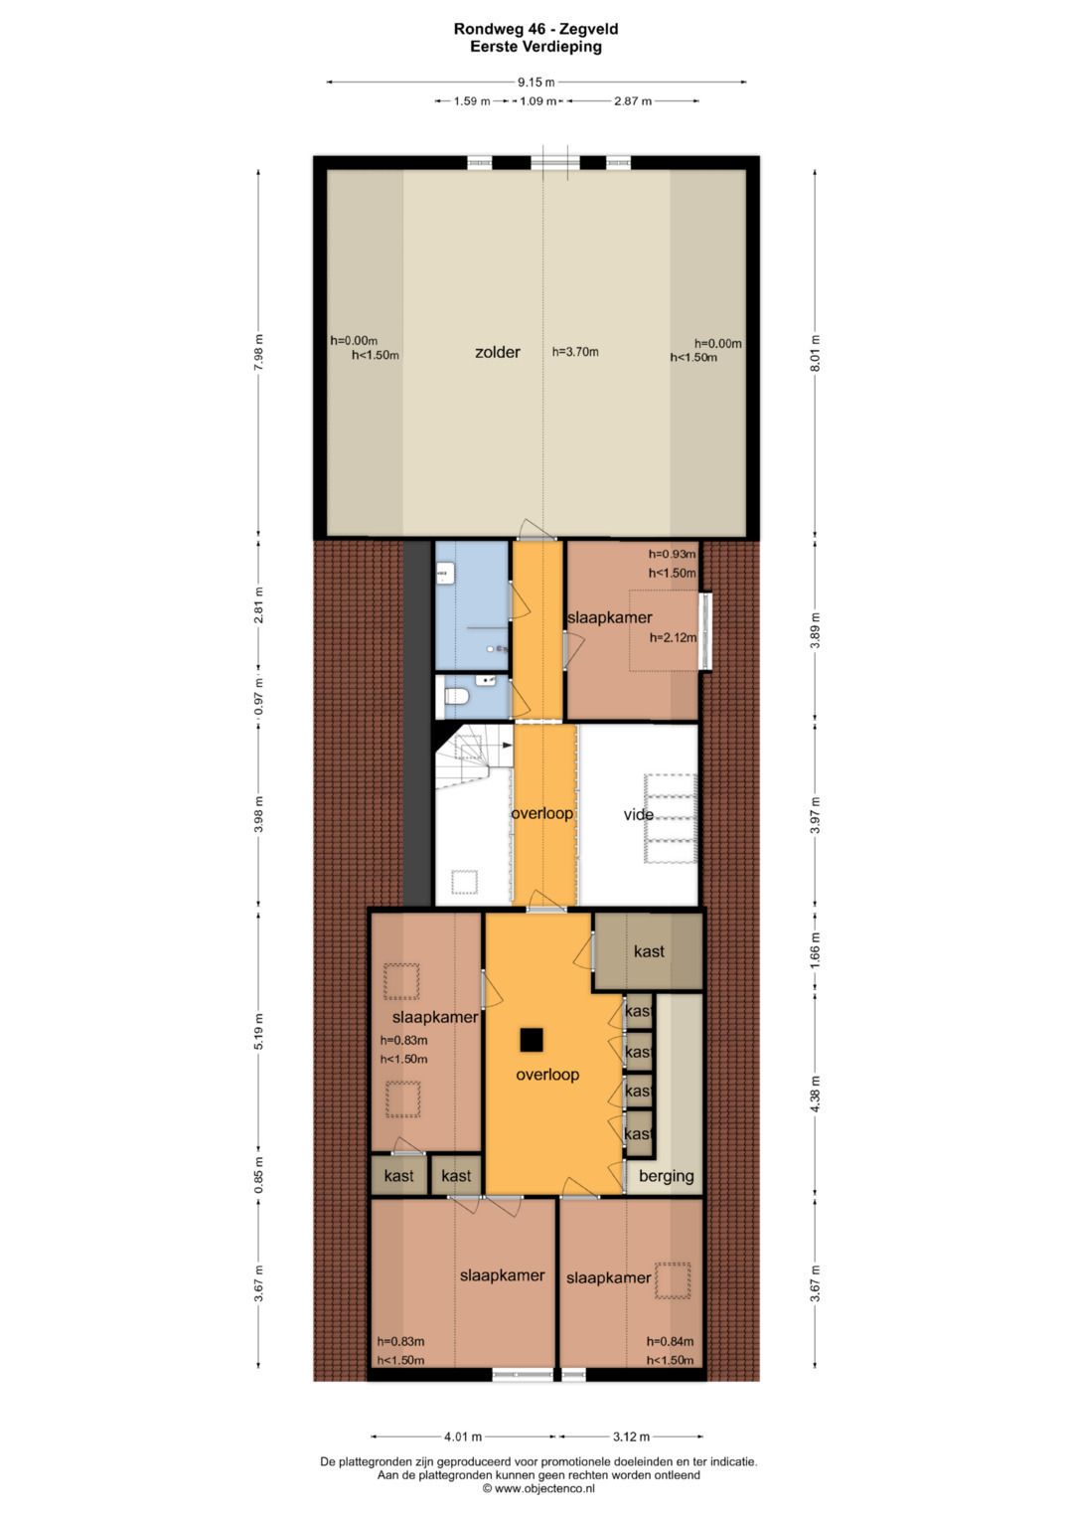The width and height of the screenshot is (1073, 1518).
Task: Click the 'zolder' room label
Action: coord(497,352)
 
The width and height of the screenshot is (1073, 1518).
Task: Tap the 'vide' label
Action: coord(638,814)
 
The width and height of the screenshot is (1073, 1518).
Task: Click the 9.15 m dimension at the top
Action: coord(536,83)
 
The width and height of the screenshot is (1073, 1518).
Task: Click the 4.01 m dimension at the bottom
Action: coord(463,1436)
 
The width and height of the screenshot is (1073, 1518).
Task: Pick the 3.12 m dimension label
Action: coord(631,1436)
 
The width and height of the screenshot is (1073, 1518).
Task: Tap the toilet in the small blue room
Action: coord(455,695)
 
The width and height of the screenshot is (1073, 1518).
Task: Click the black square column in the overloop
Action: coord(532,1040)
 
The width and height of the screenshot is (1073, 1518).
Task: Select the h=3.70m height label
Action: coord(575,352)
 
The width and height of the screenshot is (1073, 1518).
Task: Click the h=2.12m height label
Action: coord(673,637)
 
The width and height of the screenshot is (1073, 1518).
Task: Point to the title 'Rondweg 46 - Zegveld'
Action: coord(536,29)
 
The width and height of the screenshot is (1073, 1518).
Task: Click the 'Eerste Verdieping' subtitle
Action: coord(536,47)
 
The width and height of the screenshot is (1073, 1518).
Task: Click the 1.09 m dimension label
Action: coord(537,101)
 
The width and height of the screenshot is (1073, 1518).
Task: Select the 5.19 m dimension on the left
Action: coord(258,1032)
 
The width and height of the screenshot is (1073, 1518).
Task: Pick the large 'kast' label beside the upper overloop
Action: coord(649,951)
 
